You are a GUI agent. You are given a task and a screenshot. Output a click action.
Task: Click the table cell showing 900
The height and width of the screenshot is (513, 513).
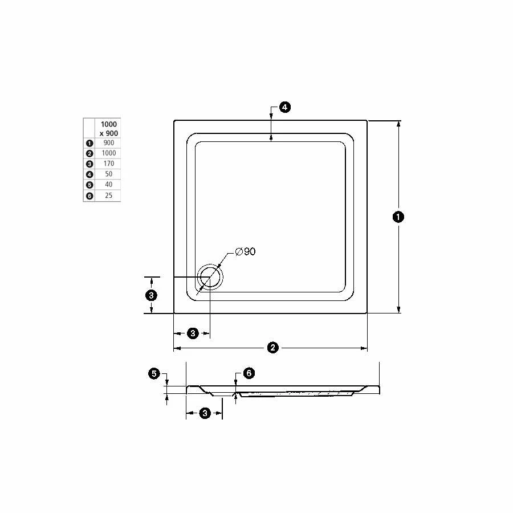(109, 143)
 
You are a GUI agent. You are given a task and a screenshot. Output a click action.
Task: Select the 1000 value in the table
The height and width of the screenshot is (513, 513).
(109, 153)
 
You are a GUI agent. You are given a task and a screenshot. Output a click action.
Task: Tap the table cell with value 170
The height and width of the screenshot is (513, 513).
(109, 164)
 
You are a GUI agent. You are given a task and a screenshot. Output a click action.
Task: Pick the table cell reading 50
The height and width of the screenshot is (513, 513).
(109, 174)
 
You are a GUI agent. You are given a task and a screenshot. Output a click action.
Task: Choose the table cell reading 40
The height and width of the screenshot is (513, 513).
(109, 185)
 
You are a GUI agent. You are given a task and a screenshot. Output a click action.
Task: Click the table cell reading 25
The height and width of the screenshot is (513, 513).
(109, 196)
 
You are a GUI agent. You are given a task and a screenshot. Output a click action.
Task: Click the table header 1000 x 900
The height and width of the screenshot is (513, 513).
(109, 129)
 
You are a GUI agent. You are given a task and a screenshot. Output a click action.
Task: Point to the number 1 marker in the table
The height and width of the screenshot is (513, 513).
(89, 143)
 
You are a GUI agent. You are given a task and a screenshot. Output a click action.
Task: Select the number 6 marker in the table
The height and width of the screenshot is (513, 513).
(89, 196)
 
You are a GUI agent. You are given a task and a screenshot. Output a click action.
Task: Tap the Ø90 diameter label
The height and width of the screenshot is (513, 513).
(245, 251)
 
